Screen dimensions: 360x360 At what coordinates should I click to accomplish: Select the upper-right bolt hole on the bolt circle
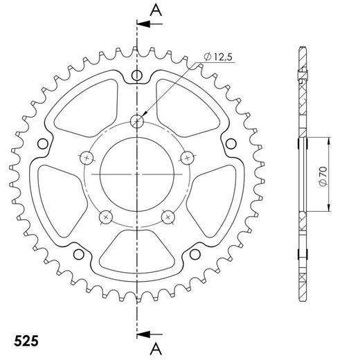click(x=186, y=156)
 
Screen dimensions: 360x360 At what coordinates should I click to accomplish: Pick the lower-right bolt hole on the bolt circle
click(x=167, y=217)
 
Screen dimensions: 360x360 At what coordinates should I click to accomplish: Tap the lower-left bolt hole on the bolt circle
click(x=106, y=217)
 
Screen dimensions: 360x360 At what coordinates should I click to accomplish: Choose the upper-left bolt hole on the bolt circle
click(x=87, y=156)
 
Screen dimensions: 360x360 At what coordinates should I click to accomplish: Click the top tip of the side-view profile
click(x=303, y=48)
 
